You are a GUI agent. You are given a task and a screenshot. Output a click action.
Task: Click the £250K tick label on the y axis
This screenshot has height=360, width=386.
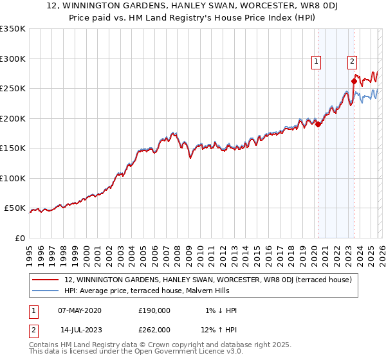click(x=12, y=89)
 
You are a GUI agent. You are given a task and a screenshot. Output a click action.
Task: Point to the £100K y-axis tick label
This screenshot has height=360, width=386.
click(x=12, y=178)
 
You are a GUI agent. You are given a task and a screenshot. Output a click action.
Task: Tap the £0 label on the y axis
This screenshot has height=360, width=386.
click(x=19, y=238)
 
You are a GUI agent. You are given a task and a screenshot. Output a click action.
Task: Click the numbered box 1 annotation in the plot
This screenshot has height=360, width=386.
click(x=317, y=62)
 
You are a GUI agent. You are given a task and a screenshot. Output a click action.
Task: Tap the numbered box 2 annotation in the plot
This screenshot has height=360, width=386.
click(x=353, y=62)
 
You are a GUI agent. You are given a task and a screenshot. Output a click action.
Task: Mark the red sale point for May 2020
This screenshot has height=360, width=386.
click(x=318, y=124)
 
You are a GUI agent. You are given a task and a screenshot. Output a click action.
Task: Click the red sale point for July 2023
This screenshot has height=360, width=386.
click(x=354, y=81)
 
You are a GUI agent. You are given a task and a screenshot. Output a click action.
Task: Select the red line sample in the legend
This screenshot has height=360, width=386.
click(x=45, y=280)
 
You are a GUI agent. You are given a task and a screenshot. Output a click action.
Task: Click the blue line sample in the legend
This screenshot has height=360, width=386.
click(x=45, y=291)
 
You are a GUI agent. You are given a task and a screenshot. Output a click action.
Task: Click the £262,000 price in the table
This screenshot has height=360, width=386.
click(x=154, y=329)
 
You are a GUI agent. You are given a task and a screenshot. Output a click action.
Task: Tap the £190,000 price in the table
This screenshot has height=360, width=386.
click(x=154, y=310)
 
